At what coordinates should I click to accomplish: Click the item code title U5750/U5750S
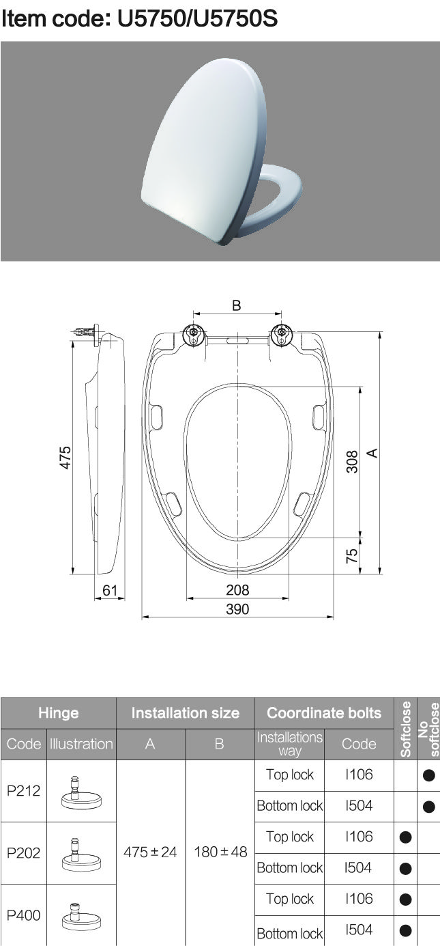pos(140,19)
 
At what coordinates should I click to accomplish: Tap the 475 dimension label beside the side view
pos(65,458)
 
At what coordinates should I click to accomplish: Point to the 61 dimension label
pos(110,590)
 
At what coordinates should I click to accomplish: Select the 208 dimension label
pos(237,589)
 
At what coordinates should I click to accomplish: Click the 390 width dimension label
pos(237,609)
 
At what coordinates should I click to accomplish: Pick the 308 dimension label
pos(352,462)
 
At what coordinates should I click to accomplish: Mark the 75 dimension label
pos(352,555)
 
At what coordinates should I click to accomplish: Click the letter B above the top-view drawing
pos(237,305)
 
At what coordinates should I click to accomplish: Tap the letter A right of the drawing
pos(372,453)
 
